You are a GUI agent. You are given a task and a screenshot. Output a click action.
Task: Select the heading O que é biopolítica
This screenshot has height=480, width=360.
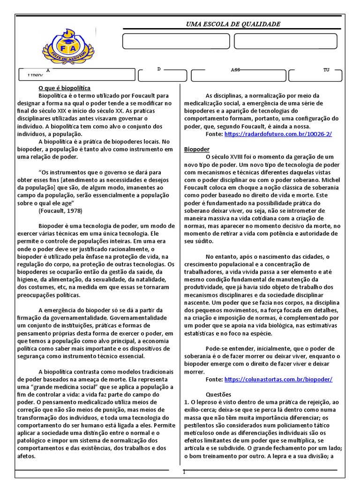[x=64, y=88]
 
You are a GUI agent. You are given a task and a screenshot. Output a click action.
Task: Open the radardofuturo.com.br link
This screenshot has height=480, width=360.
[x=278, y=134]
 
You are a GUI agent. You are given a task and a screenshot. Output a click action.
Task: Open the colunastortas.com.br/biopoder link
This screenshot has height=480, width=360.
[x=278, y=379]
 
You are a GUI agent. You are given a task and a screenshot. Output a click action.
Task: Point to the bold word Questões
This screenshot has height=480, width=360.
[x=218, y=394]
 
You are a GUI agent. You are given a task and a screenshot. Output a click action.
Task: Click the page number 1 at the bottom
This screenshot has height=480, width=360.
[x=184, y=472]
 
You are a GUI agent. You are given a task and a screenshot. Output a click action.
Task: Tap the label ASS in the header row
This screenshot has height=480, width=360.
[x=235, y=70]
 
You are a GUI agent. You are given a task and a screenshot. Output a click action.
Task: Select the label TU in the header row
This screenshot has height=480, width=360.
[x=326, y=70]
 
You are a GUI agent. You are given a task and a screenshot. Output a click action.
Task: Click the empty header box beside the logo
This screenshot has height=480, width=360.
[x=176, y=41]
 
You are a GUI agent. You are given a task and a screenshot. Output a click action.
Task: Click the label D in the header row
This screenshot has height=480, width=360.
[x=159, y=69]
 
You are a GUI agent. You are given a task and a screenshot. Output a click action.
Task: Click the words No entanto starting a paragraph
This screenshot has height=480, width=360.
[x=223, y=256]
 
